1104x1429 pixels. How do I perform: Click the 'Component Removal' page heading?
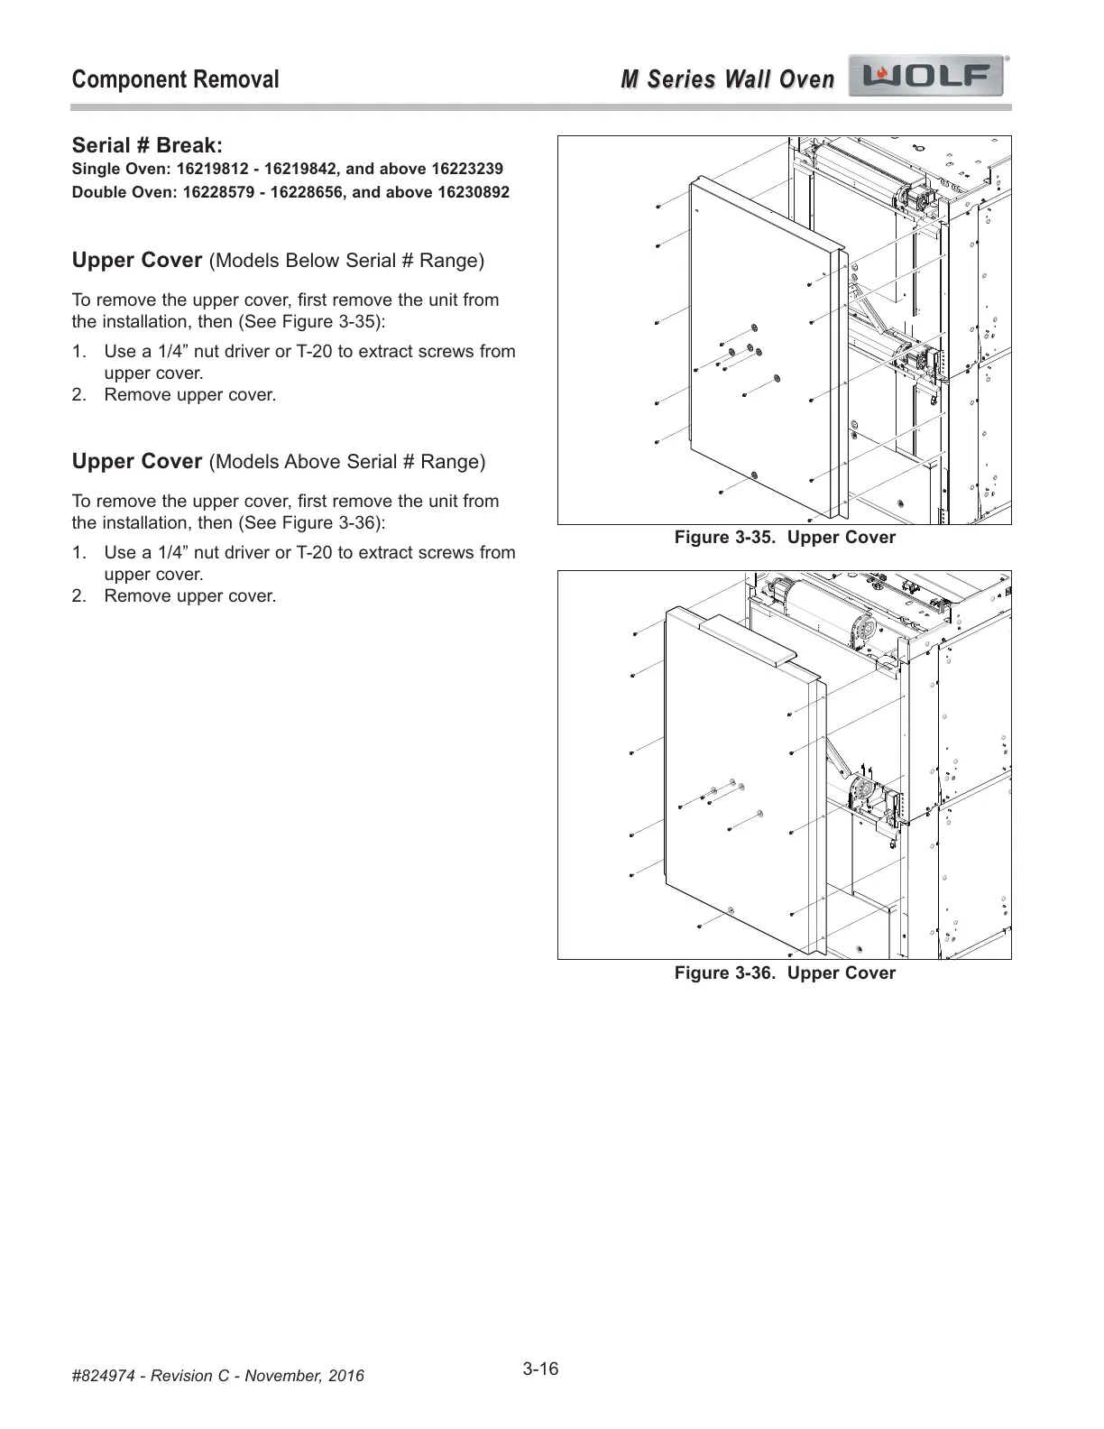tap(175, 79)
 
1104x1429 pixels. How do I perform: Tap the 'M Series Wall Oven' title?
tap(727, 79)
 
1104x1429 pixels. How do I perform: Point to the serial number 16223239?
tap(466, 169)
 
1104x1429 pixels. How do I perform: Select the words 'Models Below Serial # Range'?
tap(346, 261)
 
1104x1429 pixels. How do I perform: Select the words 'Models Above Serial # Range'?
tap(347, 462)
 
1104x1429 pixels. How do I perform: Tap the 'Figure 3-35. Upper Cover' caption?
tap(785, 538)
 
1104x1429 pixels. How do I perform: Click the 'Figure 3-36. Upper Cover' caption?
tap(785, 973)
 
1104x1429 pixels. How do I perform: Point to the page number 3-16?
tap(540, 1369)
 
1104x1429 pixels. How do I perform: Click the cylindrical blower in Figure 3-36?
tap(825, 613)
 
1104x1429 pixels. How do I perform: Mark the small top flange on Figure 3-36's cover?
tap(749, 640)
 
